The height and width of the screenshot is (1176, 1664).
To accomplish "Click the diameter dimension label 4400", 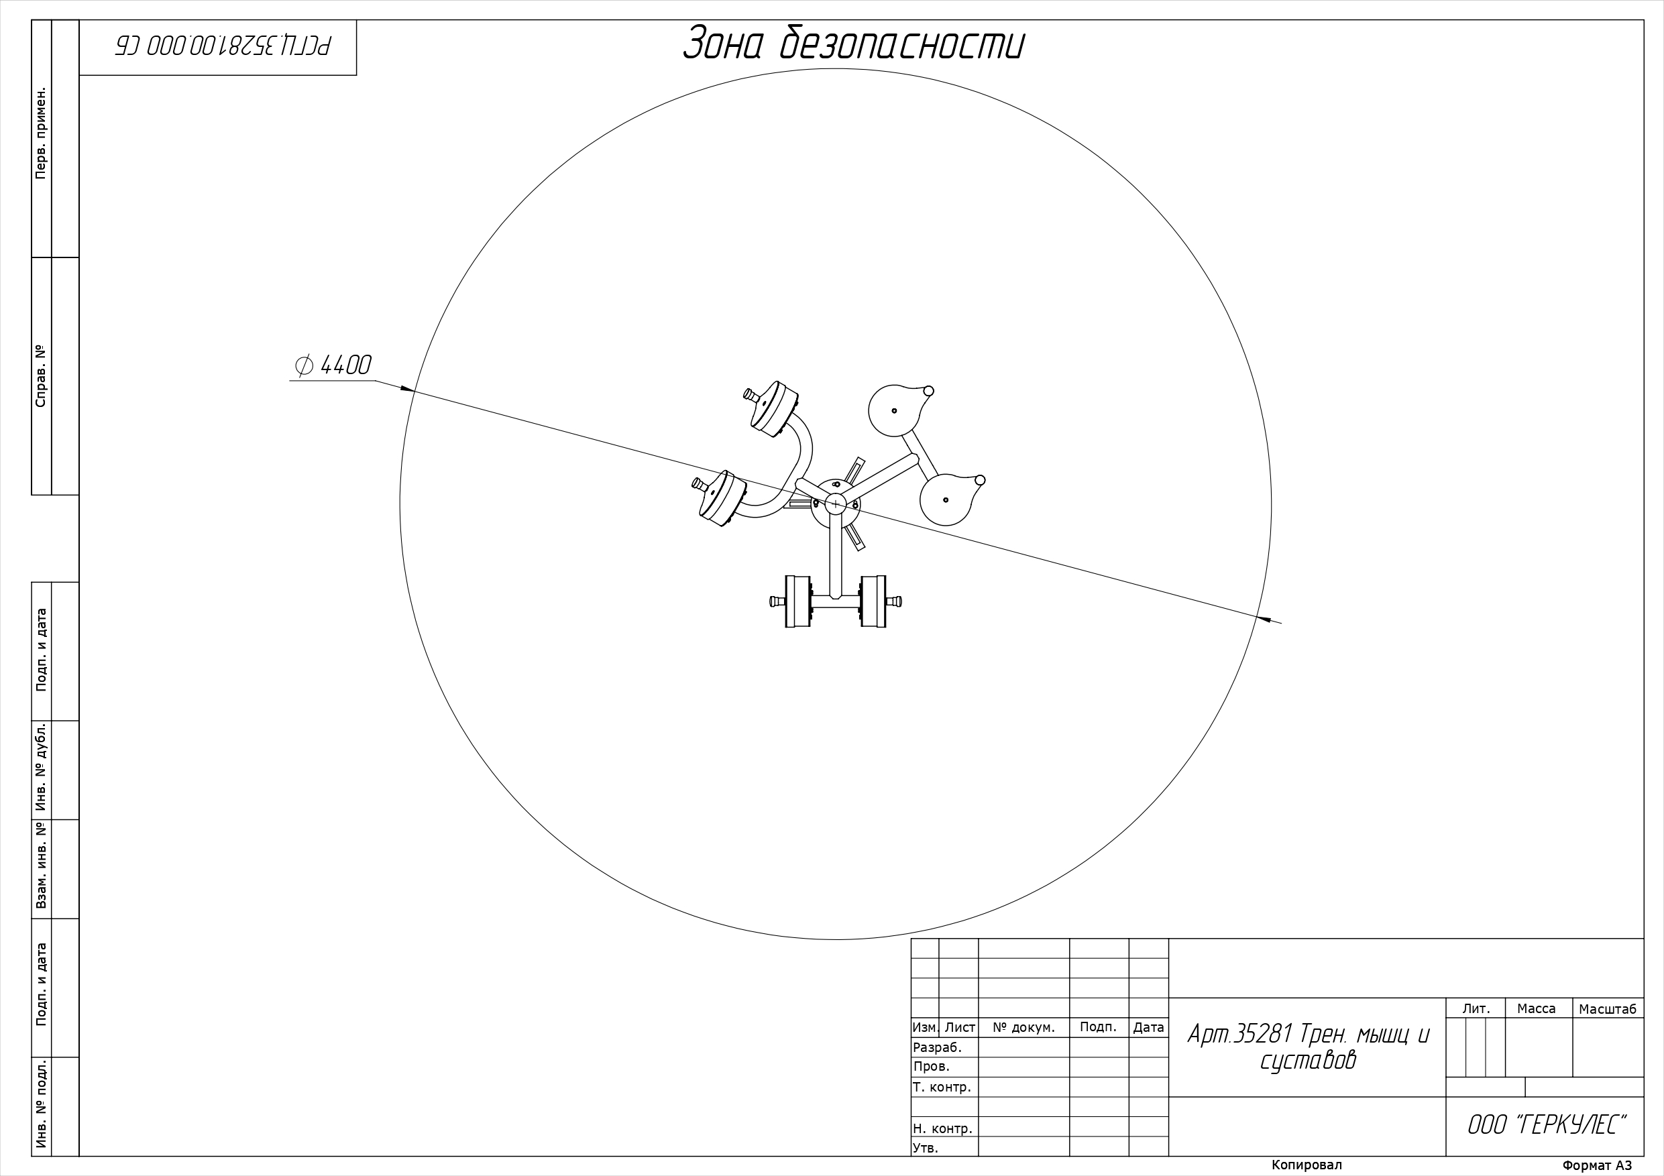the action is click(x=345, y=365).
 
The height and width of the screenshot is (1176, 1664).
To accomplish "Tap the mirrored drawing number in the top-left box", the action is click(x=223, y=46).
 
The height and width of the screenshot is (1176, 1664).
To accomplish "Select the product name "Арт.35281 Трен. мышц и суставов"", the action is click(x=1307, y=1047).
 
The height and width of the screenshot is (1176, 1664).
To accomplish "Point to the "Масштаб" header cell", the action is click(x=1608, y=1008).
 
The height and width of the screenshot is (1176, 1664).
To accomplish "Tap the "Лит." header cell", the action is click(x=1476, y=1008).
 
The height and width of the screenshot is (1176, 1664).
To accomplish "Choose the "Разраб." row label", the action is click(x=937, y=1048).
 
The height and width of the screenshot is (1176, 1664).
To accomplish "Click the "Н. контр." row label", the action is click(x=942, y=1128).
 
